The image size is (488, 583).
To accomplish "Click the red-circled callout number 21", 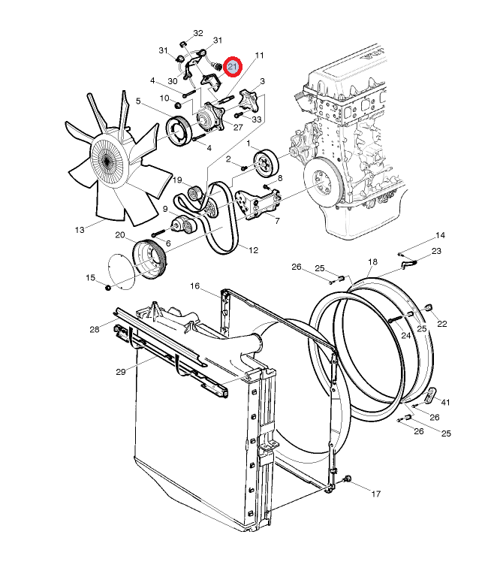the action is point(233,67).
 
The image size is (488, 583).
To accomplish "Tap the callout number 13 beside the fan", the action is point(80,230).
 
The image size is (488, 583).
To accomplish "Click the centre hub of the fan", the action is point(107,160).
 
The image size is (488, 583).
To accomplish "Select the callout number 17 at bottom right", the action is point(376,494).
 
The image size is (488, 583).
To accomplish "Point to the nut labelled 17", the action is point(348,479).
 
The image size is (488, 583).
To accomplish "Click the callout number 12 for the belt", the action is point(253,250).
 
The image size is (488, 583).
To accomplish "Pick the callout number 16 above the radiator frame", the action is point(194,286).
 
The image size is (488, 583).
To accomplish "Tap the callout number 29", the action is point(121,371).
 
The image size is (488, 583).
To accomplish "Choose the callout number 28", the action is point(95,329).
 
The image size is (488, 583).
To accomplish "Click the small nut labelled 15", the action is point(108,288).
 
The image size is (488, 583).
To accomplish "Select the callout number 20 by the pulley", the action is point(120,235).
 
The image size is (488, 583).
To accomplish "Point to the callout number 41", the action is point(445,402).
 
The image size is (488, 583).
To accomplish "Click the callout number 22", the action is point(442,324).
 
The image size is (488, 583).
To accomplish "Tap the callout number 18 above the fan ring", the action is point(373,261).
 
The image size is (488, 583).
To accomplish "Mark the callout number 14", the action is point(440,235).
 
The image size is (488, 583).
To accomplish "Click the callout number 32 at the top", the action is point(198,33).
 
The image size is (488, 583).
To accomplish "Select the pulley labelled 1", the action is point(266,164).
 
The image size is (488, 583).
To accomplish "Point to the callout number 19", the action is point(177,180).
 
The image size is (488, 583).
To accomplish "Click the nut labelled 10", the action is point(178,105).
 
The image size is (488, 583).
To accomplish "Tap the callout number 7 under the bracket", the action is point(277,221).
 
